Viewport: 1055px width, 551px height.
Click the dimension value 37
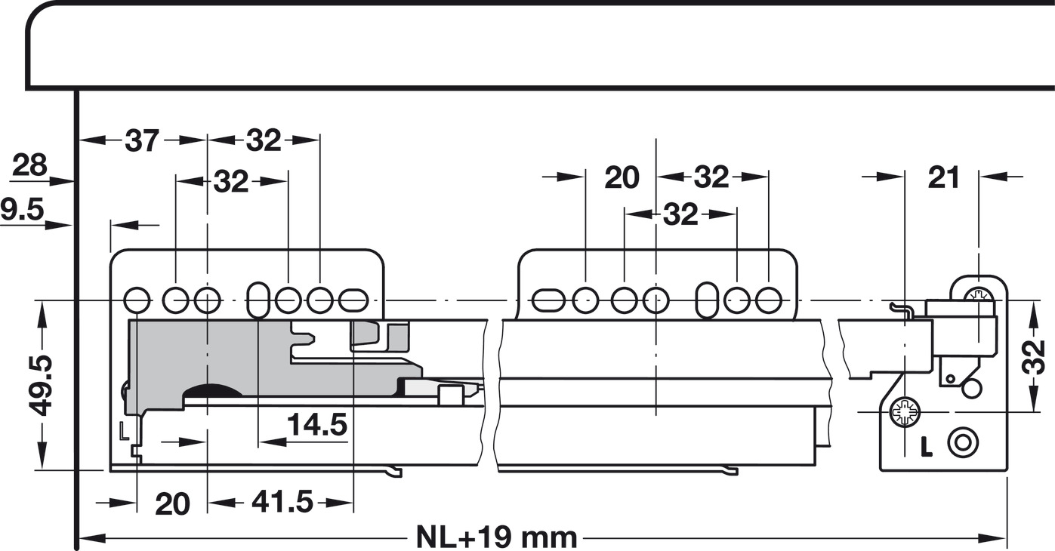point(142,140)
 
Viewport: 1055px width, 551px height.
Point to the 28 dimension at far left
point(30,165)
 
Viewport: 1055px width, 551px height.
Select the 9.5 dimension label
point(22,210)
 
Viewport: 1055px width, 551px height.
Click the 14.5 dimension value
point(317,426)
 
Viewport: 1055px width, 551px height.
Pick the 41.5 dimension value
point(282,502)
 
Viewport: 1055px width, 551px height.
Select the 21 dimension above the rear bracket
point(943,177)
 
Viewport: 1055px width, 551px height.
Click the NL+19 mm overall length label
point(496,538)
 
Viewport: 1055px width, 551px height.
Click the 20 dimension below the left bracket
point(172,503)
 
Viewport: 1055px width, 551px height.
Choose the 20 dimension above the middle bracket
point(622,177)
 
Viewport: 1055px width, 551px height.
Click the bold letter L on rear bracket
point(927,447)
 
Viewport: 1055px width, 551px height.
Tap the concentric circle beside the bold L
point(961,442)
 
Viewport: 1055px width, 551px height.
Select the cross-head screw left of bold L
point(904,412)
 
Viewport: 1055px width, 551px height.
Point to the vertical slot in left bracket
point(258,301)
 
